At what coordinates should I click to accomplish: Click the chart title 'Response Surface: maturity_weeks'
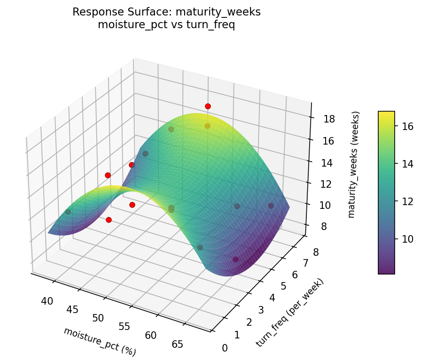click(166, 12)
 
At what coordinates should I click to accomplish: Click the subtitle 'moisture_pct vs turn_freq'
click(166, 25)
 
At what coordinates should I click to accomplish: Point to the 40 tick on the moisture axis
click(47, 301)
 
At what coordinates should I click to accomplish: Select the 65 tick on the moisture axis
click(177, 344)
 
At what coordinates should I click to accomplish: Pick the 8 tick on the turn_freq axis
click(315, 253)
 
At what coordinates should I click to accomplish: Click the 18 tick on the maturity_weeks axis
click(329, 119)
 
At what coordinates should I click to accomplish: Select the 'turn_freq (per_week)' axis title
click(290, 313)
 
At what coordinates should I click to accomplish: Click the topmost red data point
click(208, 106)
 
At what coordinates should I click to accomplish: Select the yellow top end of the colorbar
click(386, 113)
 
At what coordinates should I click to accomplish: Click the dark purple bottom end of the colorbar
click(386, 271)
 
